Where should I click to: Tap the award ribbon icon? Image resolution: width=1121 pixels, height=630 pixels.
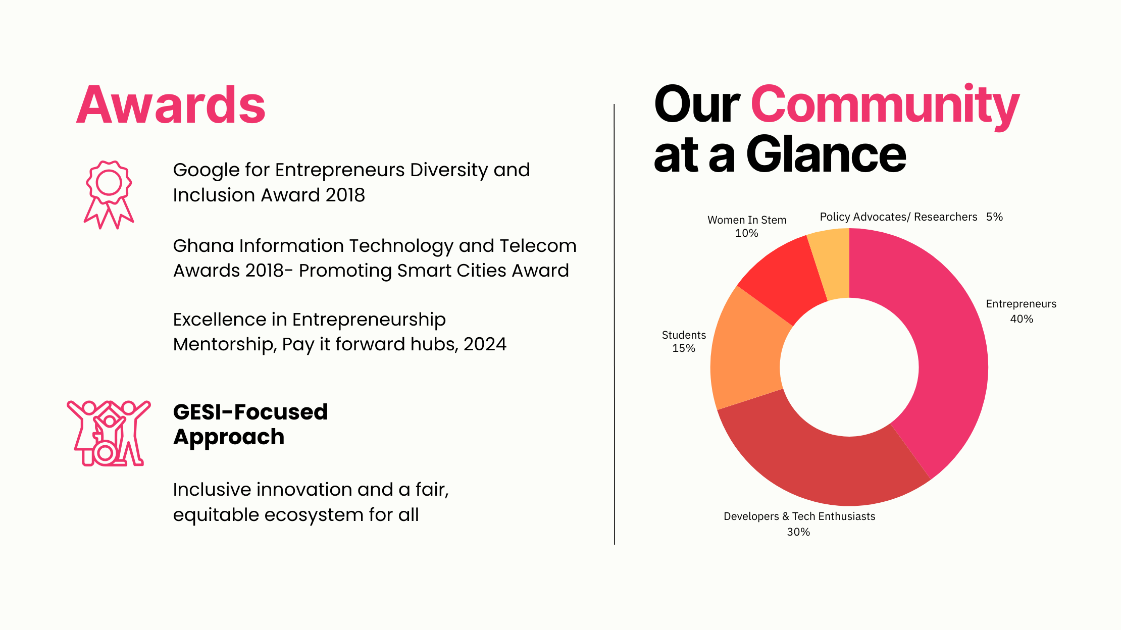coord(109,195)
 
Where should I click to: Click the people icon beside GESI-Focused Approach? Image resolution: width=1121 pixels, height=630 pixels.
coord(109,433)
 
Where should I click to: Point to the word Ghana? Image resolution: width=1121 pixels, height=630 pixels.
coord(203,246)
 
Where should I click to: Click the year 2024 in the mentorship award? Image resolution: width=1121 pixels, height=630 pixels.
coord(485,344)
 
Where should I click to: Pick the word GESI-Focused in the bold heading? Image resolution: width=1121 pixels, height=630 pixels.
coord(250,412)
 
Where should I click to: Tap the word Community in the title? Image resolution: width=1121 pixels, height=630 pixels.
coord(885,106)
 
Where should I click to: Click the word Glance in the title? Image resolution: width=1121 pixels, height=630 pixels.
coord(826,154)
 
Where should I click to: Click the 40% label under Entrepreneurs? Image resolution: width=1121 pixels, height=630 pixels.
coord(1022,319)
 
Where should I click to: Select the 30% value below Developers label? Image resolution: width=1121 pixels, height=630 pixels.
coord(798,532)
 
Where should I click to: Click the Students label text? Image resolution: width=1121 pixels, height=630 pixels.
coord(684,335)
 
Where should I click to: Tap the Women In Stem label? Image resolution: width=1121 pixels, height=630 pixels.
coord(747,220)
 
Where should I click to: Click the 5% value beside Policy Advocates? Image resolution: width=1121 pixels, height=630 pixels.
coord(994,217)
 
